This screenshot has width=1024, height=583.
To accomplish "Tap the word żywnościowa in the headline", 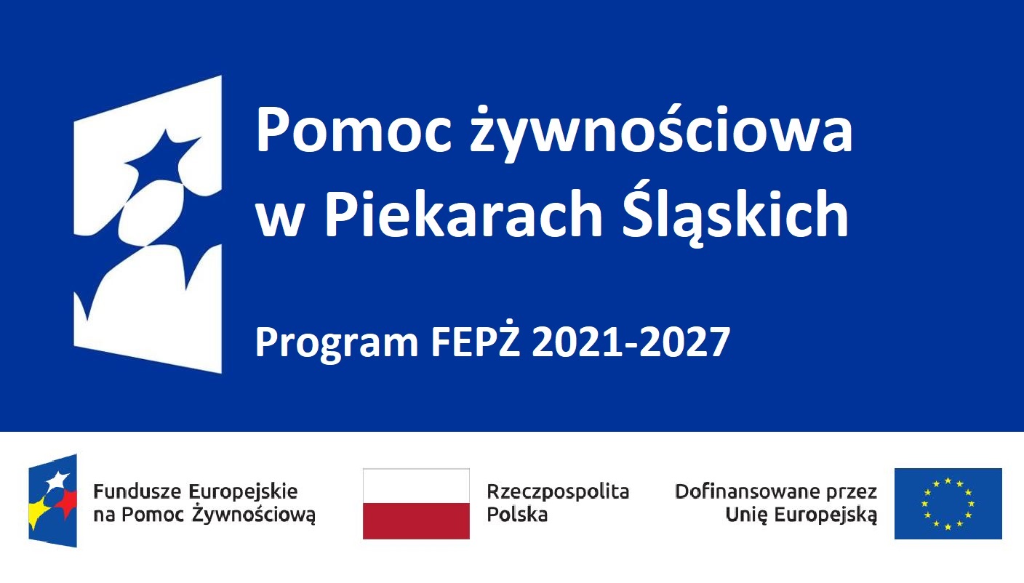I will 659,131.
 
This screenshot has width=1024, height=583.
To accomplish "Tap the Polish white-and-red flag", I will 416,503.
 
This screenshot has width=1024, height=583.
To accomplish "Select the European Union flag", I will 948,503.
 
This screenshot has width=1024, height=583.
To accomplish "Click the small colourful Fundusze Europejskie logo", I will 52,501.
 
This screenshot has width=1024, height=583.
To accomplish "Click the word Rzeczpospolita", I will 558,491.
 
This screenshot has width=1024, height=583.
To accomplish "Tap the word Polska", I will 517,515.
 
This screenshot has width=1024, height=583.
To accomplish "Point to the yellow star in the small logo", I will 39,512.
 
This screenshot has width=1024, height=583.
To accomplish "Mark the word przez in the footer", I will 850,491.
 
